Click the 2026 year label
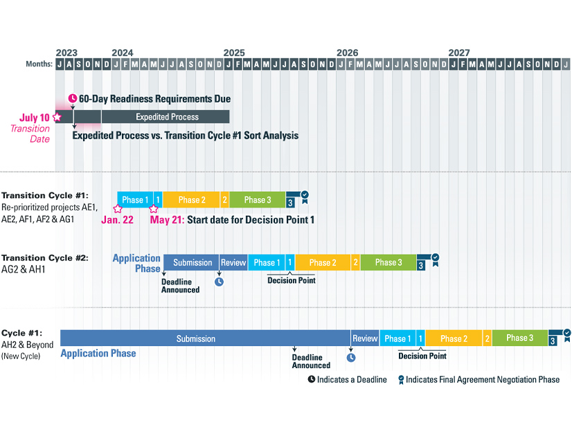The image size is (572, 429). [347, 53]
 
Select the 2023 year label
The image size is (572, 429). [66, 53]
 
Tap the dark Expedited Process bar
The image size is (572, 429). [167, 117]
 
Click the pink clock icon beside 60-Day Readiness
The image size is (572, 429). [73, 99]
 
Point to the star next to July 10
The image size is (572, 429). [57, 118]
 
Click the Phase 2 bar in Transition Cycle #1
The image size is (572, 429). [192, 200]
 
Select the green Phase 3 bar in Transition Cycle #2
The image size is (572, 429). [388, 263]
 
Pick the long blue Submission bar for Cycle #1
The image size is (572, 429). [205, 339]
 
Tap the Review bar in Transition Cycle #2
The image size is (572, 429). [233, 263]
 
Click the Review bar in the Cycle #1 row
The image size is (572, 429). [365, 339]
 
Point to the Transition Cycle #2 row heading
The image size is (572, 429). [45, 258]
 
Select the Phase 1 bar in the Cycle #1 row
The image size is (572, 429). [397, 339]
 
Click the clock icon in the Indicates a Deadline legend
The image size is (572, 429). [312, 379]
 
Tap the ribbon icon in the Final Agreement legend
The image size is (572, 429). [400, 379]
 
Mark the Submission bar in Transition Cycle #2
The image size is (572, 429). [193, 263]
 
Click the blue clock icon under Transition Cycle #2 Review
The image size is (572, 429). [219, 282]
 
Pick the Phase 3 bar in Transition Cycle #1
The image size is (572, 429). [258, 200]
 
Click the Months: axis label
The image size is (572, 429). [39, 64]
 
